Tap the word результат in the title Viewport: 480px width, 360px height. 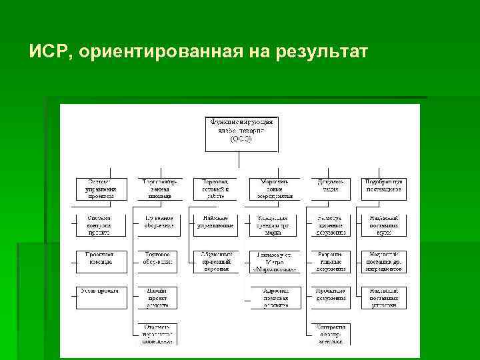click(319, 52)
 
